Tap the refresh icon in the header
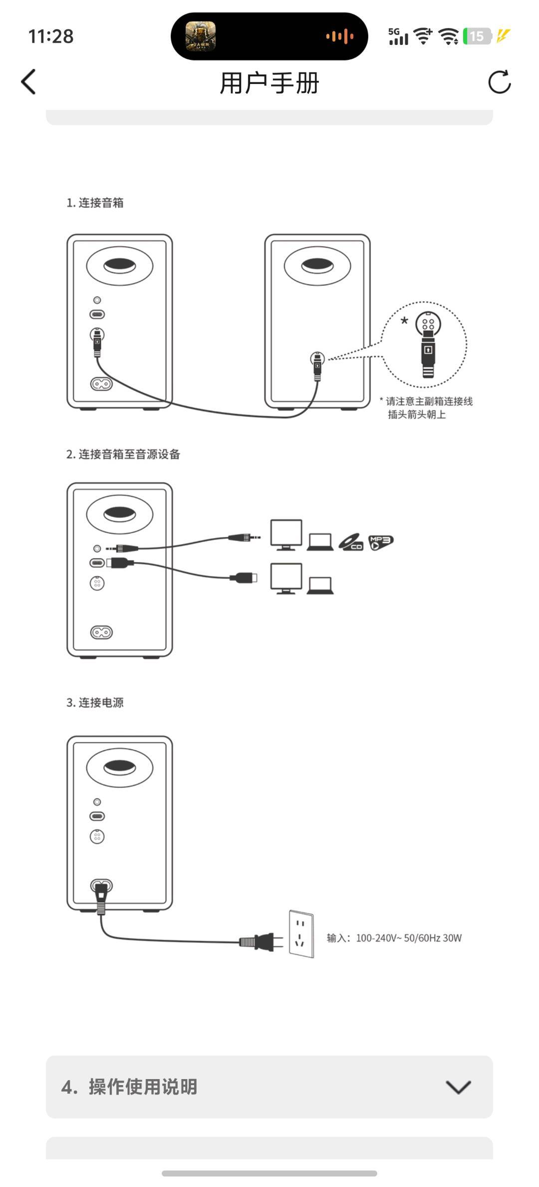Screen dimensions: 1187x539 pyautogui.click(x=499, y=82)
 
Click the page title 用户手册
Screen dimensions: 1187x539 pyautogui.click(x=269, y=83)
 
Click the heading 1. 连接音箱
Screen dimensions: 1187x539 pyautogui.click(x=95, y=203)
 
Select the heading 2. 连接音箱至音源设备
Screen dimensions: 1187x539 pyautogui.click(x=123, y=455)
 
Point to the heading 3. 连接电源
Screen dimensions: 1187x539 pyautogui.click(x=95, y=703)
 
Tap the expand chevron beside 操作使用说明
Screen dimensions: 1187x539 pyautogui.click(x=458, y=1087)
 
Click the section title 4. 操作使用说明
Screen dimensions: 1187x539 pyautogui.click(x=129, y=1087)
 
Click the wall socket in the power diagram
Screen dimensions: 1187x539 pyautogui.click(x=301, y=933)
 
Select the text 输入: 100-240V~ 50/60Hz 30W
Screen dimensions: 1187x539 pyautogui.click(x=394, y=938)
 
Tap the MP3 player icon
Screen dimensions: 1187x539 pyautogui.click(x=381, y=542)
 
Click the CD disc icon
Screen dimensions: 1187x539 pyautogui.click(x=351, y=542)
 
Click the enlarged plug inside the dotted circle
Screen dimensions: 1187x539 pyautogui.click(x=428, y=345)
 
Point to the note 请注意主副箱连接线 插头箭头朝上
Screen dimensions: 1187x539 pyautogui.click(x=426, y=408)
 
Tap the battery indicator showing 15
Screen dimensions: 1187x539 pyautogui.click(x=477, y=36)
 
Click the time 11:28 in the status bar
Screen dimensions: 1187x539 pyautogui.click(x=51, y=36)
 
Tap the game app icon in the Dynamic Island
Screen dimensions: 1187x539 pyautogui.click(x=201, y=36)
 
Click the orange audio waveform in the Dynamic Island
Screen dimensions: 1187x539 pyautogui.click(x=340, y=36)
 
